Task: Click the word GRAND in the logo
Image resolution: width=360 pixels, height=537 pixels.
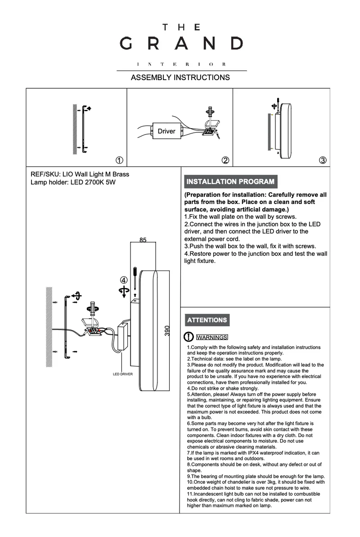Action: click(x=181, y=44)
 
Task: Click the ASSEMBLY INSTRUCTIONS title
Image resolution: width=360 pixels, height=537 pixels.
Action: click(x=180, y=77)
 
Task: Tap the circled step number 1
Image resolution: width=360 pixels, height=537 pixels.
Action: click(x=120, y=160)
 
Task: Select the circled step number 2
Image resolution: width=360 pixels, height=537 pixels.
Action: click(x=225, y=160)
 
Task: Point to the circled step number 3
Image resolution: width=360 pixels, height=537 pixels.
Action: click(x=323, y=160)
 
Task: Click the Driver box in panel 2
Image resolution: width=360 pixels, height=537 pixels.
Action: click(x=167, y=131)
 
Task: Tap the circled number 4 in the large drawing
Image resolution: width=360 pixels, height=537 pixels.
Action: click(x=124, y=280)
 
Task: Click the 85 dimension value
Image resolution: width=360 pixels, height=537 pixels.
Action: click(x=143, y=240)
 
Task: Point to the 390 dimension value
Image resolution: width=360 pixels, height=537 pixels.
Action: click(x=167, y=331)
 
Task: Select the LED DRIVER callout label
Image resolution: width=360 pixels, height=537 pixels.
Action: click(x=123, y=375)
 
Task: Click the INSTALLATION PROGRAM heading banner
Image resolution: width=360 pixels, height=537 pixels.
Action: click(x=230, y=181)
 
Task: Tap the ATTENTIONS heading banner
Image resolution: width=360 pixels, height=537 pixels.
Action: click(x=207, y=320)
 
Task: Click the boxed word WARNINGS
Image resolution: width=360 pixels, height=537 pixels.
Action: click(x=212, y=337)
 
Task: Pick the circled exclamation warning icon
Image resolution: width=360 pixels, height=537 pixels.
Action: click(x=189, y=337)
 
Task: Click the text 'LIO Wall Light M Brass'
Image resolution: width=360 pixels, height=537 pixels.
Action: click(x=95, y=174)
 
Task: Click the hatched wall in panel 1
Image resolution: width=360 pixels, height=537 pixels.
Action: click(x=75, y=130)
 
